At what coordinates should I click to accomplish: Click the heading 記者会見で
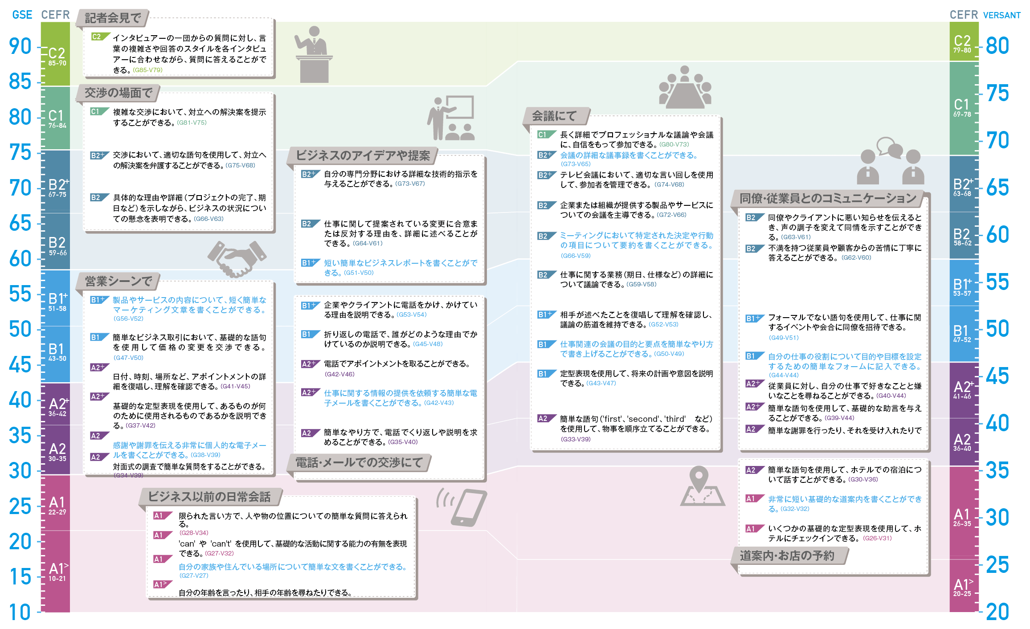[113, 18]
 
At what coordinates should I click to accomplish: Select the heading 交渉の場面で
[119, 93]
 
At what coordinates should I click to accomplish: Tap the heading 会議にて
[554, 116]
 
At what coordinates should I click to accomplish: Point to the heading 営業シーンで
[119, 282]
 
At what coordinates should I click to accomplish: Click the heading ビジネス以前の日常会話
[209, 497]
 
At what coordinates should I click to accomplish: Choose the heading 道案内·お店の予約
[787, 555]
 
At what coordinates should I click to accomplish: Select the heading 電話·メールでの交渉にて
[359, 463]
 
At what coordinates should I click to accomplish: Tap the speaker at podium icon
[314, 54]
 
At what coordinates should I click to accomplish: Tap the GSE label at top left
[22, 15]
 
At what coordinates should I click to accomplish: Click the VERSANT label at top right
[1002, 15]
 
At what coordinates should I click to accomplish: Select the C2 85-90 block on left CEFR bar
[56, 53]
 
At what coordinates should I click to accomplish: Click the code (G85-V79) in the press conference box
[148, 70]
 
